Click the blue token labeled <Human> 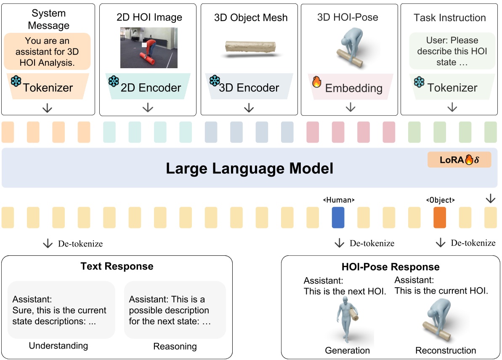click(338, 217)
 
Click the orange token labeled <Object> click(440, 217)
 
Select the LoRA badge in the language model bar click(459, 160)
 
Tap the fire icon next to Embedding click(316, 82)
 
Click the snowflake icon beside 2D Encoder click(114, 81)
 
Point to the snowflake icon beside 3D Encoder click(215, 81)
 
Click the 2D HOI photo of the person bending click(149, 48)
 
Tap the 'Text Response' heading click(117, 266)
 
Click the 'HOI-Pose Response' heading click(391, 267)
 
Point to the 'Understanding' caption click(58, 346)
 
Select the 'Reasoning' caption click(175, 347)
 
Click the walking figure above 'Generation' click(347, 320)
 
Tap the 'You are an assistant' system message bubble click(47, 52)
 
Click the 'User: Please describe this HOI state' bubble click(452, 51)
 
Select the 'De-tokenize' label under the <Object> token click(473, 243)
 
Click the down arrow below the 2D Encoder click(148, 108)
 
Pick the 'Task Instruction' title click(449, 18)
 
